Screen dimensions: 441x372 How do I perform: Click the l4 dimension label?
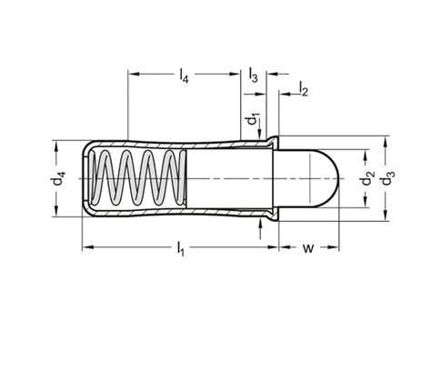(184, 75)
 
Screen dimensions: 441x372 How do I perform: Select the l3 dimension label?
(254, 75)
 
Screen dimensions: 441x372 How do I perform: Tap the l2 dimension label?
(304, 88)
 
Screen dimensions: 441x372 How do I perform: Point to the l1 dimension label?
(181, 248)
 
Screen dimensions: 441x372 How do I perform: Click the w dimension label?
(308, 248)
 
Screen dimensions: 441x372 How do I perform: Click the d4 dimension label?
(57, 178)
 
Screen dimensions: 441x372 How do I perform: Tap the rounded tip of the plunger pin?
(337, 178)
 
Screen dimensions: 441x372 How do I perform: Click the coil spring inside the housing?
(138, 178)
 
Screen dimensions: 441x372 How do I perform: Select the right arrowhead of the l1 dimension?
(273, 247)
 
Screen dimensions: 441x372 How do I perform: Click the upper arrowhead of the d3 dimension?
(385, 142)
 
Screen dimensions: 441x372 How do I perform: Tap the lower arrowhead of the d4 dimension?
(56, 211)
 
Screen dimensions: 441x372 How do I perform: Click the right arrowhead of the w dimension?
(334, 247)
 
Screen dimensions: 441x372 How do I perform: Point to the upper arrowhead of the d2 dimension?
(366, 156)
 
